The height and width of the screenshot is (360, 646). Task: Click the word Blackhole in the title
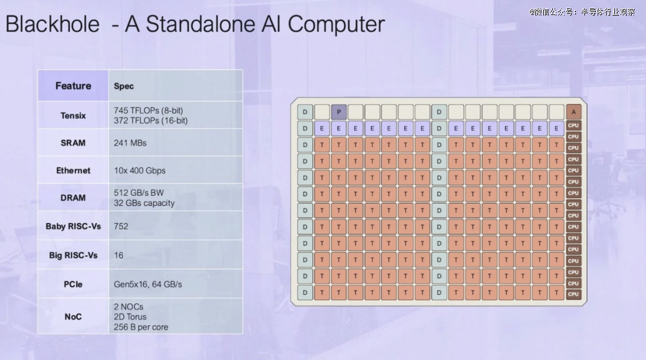click(x=53, y=24)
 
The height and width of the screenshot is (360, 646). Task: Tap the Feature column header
click(x=74, y=86)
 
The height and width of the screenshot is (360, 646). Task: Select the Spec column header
click(x=124, y=86)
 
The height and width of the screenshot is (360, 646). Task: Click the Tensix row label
click(x=74, y=116)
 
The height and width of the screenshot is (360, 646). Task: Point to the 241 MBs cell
click(x=130, y=143)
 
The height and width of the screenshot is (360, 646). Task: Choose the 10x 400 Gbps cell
click(x=139, y=170)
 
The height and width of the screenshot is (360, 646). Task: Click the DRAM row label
click(x=73, y=198)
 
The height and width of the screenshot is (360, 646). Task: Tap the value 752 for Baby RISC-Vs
click(x=121, y=226)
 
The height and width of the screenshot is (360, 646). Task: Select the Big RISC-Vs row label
click(x=74, y=255)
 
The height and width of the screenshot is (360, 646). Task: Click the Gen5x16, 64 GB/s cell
click(x=148, y=284)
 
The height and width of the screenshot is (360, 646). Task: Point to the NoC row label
click(x=73, y=317)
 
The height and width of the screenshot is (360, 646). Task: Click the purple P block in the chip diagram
click(x=339, y=112)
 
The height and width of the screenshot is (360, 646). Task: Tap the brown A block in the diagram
click(x=574, y=112)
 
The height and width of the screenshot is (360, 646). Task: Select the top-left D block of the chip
click(x=305, y=112)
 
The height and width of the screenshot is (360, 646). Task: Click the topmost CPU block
click(x=574, y=125)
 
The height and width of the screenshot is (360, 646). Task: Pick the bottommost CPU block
click(x=574, y=294)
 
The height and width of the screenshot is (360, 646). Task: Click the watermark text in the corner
click(x=582, y=12)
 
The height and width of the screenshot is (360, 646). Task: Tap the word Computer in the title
click(x=336, y=24)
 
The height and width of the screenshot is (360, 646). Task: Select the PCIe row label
click(x=73, y=284)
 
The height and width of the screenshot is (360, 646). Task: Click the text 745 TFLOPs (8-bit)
click(x=148, y=111)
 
